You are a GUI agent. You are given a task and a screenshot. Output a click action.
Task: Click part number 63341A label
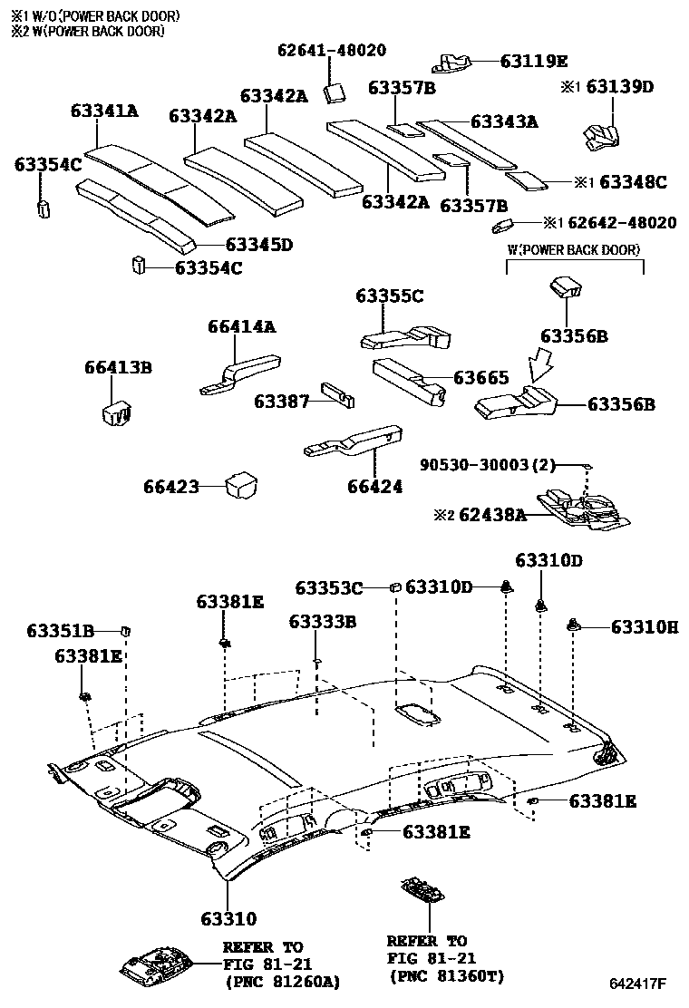(104, 111)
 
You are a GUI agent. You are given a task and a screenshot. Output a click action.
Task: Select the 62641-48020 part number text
(331, 51)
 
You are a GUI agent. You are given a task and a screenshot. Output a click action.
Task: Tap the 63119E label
(534, 62)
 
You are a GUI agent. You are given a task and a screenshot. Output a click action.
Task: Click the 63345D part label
(258, 245)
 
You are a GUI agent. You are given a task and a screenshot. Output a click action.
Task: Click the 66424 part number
(374, 487)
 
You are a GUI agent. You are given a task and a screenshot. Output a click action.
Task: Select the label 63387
(281, 400)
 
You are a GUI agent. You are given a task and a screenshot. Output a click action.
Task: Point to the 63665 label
(481, 378)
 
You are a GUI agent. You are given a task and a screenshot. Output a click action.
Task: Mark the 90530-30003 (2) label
(487, 465)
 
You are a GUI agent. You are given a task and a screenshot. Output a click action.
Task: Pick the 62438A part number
(492, 515)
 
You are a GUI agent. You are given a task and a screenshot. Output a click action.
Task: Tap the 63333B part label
(322, 621)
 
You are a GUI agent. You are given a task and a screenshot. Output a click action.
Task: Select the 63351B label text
(60, 631)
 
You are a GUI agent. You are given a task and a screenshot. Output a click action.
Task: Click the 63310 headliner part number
(228, 919)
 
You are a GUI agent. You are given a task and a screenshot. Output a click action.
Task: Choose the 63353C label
(328, 588)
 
